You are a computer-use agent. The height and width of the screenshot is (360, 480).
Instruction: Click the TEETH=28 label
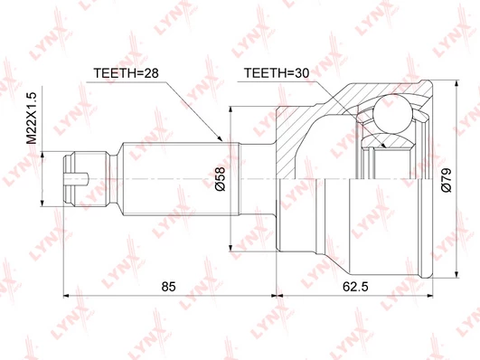(x=126, y=73)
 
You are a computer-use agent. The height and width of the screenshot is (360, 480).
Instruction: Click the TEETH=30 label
(x=276, y=73)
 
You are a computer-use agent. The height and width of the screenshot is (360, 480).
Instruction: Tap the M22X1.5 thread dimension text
(x=32, y=118)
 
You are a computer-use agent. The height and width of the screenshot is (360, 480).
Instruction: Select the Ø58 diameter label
(x=220, y=179)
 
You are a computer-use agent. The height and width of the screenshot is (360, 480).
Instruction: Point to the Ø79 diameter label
(x=447, y=180)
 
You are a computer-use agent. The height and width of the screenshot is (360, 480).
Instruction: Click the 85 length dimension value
(x=169, y=287)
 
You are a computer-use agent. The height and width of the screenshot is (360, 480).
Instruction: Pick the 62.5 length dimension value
(x=355, y=287)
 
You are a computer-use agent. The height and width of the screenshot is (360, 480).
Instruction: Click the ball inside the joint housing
(x=392, y=114)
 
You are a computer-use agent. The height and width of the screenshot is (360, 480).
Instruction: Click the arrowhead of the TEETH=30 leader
(x=383, y=145)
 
